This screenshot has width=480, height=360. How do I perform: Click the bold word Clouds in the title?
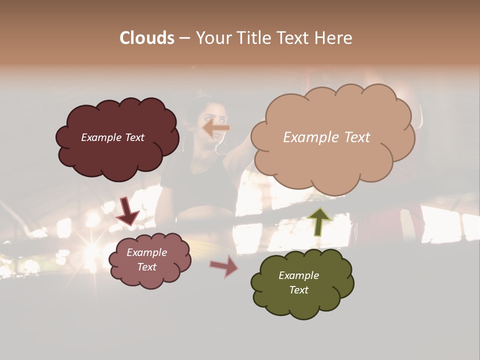click(146, 38)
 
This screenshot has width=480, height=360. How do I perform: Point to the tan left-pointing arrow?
click(216, 128)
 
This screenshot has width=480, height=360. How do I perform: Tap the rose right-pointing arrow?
click(224, 266)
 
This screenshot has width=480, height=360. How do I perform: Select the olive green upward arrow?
click(319, 221)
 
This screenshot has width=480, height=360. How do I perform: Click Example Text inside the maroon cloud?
click(112, 137)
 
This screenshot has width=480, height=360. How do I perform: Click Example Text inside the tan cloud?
click(326, 137)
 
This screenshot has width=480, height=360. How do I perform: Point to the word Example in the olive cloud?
click(298, 275)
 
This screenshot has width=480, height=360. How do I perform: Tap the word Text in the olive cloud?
click(298, 290)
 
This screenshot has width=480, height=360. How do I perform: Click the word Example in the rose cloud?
click(146, 252)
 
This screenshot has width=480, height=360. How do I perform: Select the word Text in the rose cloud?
click(146, 267)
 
